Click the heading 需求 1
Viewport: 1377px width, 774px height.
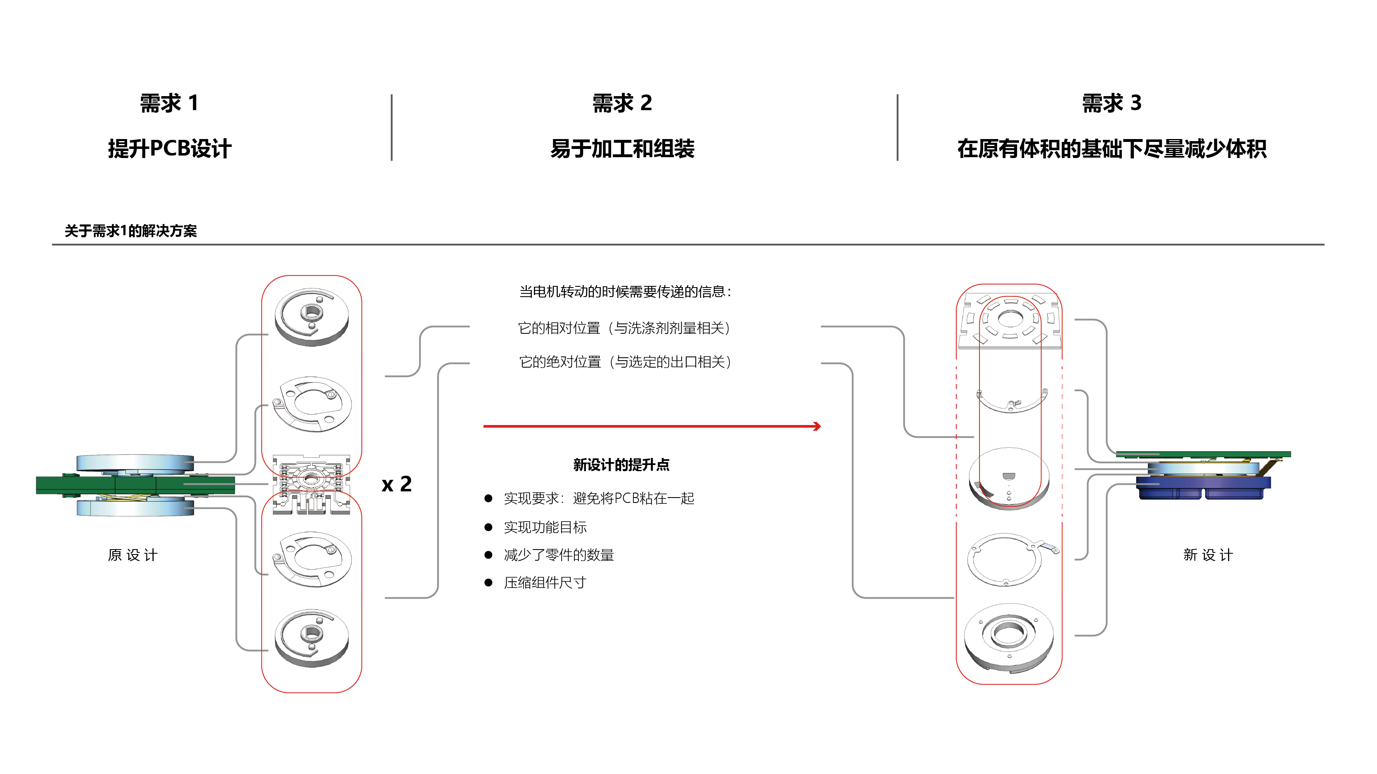coord(169,103)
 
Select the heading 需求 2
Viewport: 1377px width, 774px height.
coord(622,103)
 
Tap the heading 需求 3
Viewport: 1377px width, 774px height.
coord(1112,103)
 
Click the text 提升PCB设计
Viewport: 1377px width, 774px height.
coord(169,149)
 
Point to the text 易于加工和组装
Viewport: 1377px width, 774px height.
coord(622,149)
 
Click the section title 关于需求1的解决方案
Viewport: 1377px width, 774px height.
coord(130,231)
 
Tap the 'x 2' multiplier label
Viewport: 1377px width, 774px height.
coord(397,484)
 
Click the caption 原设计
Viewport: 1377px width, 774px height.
coord(133,555)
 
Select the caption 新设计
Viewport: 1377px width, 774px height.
coord(1208,555)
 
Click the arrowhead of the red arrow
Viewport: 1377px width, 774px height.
coord(817,426)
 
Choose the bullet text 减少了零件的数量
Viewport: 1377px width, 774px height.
coord(559,555)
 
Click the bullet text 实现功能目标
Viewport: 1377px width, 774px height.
coord(545,527)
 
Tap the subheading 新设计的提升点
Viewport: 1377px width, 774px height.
coord(621,465)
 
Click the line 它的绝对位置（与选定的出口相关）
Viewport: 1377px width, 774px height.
coord(625,362)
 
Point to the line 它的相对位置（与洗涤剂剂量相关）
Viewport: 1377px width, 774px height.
coord(624,328)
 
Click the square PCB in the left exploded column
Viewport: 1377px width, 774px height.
coord(311,484)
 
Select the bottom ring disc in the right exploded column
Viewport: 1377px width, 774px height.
coord(1009,636)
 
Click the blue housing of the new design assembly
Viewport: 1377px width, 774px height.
coord(1203,487)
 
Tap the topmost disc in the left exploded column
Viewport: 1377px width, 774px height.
coord(312,316)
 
